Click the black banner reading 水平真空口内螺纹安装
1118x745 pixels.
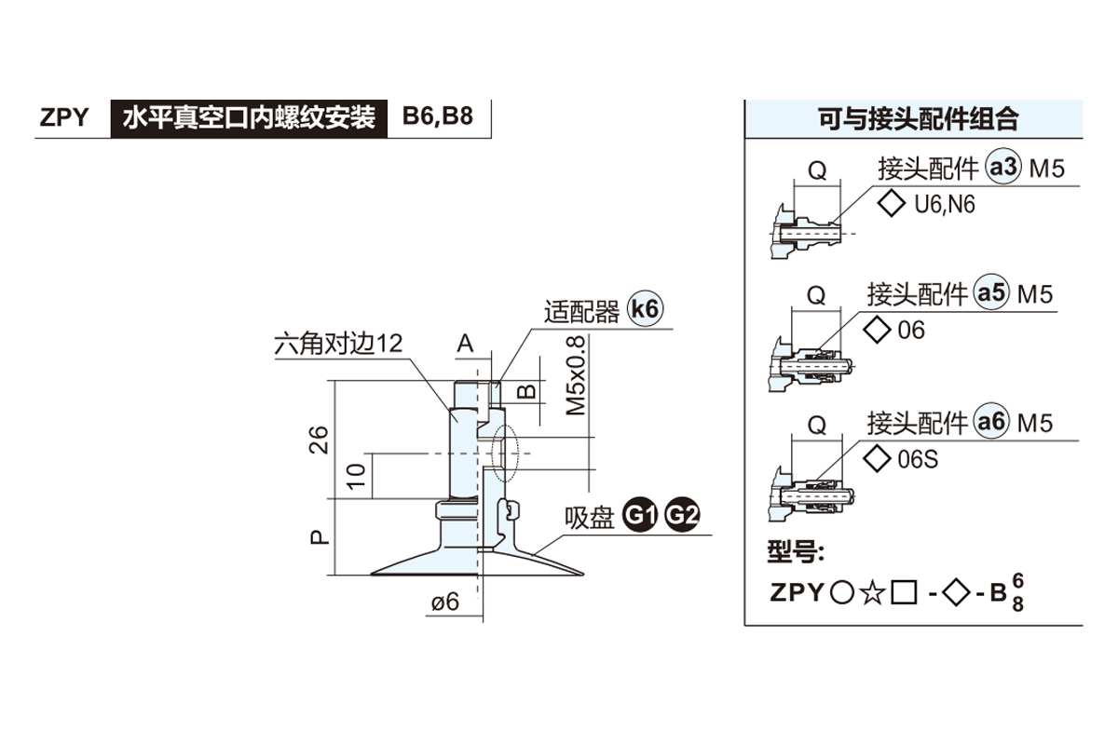click(249, 118)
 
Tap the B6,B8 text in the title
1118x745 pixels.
click(437, 118)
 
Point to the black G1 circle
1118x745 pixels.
click(641, 515)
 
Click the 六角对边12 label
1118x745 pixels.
click(338, 344)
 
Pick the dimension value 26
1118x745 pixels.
click(319, 438)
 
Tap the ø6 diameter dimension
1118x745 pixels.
click(445, 602)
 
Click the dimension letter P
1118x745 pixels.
click(319, 536)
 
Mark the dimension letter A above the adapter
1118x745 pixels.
click(465, 344)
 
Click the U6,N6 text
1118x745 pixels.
click(944, 205)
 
